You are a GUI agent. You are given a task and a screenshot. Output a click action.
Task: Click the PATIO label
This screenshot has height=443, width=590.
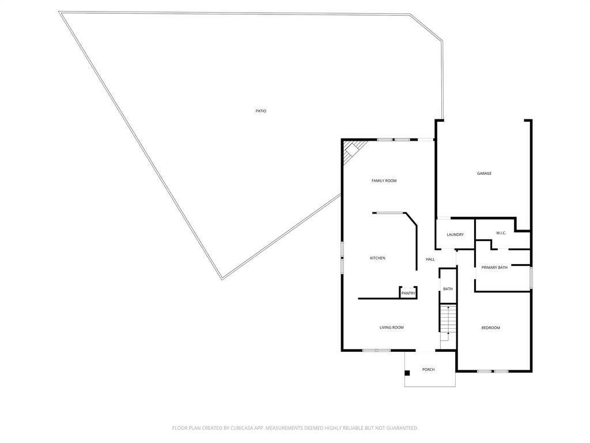[x=261, y=111]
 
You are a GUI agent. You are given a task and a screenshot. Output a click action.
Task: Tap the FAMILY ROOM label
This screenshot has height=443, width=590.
[x=384, y=181]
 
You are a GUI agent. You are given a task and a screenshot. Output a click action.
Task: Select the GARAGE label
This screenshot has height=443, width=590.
[x=484, y=174]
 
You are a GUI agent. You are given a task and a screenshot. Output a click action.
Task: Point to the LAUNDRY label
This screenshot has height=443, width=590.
[x=455, y=235]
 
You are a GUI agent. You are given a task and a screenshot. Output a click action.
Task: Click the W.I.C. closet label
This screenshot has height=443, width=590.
[x=501, y=233]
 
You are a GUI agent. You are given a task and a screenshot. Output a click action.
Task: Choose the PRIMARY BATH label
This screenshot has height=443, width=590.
[x=494, y=268]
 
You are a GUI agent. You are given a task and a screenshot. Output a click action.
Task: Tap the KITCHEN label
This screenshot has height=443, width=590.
[x=377, y=258]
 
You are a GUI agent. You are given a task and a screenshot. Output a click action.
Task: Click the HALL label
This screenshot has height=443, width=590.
[x=430, y=260]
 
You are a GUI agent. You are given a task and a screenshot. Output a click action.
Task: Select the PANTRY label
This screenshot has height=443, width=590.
[x=409, y=294]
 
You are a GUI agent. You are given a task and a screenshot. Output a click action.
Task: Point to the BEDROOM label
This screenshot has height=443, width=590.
[x=491, y=328]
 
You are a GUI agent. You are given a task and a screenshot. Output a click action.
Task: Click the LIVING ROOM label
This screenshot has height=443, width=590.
[x=391, y=328]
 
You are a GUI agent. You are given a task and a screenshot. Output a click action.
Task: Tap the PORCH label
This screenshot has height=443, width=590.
[x=428, y=370]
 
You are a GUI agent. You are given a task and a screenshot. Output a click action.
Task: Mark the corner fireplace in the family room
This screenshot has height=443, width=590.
[x=351, y=151]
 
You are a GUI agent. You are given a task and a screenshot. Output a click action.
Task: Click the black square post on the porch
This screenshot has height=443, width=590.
[x=407, y=373]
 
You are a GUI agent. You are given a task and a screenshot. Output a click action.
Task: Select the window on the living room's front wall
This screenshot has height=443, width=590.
[x=376, y=350]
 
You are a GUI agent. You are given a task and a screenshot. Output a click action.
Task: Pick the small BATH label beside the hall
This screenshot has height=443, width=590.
[x=448, y=289]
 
